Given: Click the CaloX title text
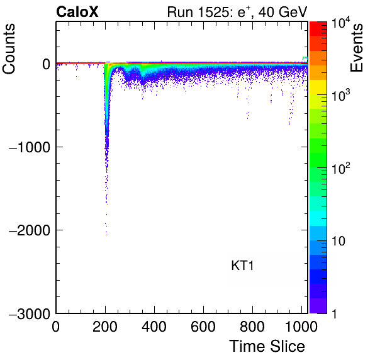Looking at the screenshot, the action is [77, 12].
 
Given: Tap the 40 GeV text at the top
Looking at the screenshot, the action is [283, 12].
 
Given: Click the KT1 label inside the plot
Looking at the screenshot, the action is [242, 266].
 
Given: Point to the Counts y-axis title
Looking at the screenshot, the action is [9, 49].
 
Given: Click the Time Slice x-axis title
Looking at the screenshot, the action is [267, 346].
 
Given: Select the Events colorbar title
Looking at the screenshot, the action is [356, 48].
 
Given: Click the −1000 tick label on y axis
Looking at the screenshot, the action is [30, 147].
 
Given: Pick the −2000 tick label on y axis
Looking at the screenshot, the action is [30, 230].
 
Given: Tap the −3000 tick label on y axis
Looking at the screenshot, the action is [30, 313].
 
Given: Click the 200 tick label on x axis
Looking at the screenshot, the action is [105, 326].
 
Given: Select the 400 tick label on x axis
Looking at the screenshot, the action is [154, 326].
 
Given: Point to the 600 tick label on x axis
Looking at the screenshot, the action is [203, 326].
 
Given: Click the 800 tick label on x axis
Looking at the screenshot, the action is [252, 326].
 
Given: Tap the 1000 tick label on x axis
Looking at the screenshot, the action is [301, 326].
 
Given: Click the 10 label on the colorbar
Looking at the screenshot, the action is [338, 241].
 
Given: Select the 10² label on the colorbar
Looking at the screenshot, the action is [340, 167].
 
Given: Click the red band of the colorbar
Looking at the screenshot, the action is [318, 29].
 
